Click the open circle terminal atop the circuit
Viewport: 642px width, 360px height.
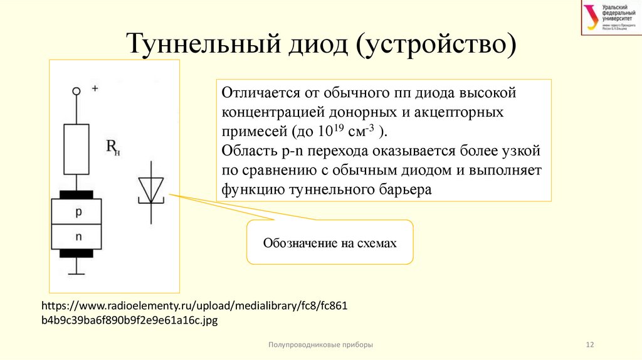click(76, 91)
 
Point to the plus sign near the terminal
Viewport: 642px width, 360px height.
click(95, 88)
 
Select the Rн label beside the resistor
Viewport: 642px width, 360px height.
click(113, 148)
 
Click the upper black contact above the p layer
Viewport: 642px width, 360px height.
click(76, 193)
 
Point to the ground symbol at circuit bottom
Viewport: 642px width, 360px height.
click(76, 272)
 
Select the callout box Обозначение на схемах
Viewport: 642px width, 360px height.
click(330, 242)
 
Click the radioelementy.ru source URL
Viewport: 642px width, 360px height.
click(194, 312)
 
